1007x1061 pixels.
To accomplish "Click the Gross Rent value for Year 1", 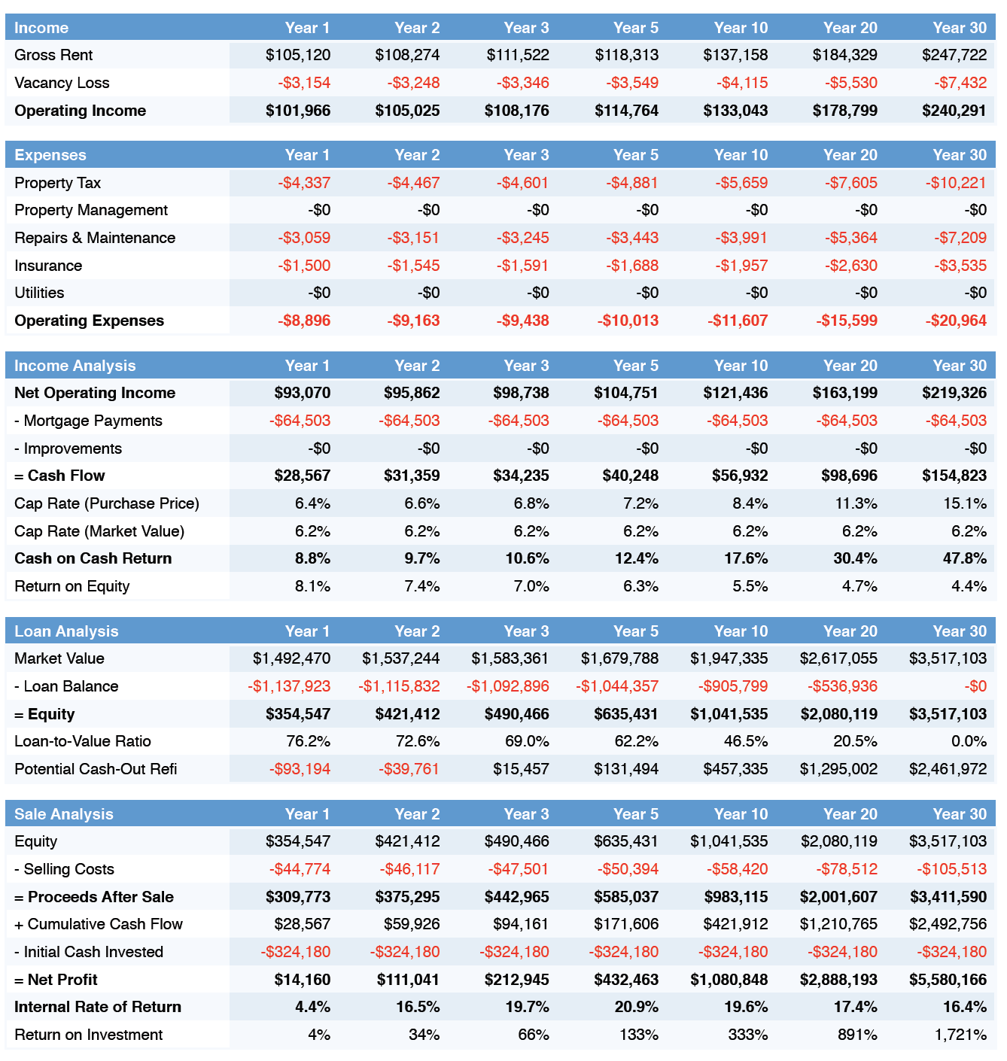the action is (297, 55).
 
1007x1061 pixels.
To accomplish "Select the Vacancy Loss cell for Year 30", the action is (960, 83).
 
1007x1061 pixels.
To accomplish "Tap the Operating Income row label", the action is (81, 111).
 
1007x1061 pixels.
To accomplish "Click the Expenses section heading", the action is (50, 155).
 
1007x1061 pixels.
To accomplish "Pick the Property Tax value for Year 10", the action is (741, 183).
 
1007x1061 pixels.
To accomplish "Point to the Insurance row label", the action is (48, 266).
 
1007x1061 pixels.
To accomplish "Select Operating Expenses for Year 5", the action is (628, 321).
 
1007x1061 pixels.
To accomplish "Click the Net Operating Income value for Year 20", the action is (844, 393).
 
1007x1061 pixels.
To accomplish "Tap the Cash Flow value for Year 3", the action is (521, 476).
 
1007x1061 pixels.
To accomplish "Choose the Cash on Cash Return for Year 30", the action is (964, 558).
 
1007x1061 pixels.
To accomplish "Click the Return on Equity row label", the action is (72, 587).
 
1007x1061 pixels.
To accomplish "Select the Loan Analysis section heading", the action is (66, 631).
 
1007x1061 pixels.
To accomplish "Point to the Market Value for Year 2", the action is (400, 658).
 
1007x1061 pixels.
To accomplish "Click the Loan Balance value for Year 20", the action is (842, 686).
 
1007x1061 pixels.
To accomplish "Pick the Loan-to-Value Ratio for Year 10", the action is (746, 741).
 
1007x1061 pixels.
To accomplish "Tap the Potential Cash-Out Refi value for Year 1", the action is (300, 769).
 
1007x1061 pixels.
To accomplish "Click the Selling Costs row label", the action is (64, 869).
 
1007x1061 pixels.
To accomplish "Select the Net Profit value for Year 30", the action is (948, 980).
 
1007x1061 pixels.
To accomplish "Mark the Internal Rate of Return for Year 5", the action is (637, 1007).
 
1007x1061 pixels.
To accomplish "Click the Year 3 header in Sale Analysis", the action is (526, 814).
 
